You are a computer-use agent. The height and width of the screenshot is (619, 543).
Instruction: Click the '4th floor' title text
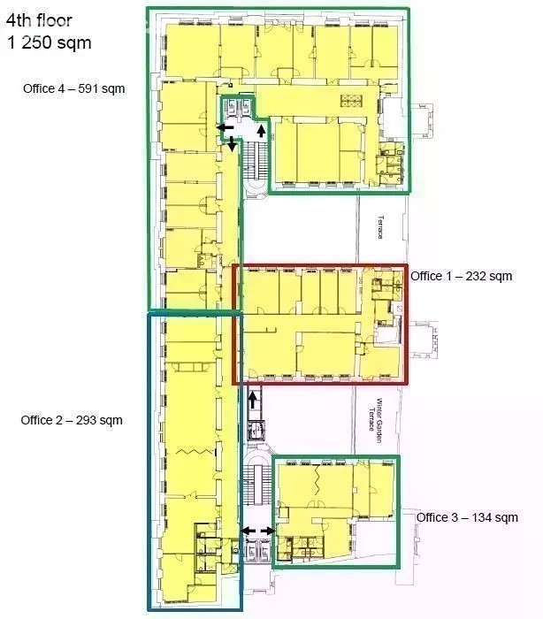point(39,20)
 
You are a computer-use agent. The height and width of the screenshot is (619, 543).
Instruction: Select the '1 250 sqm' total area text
point(49,42)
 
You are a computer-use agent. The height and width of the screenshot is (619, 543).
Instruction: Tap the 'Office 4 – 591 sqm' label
point(74,88)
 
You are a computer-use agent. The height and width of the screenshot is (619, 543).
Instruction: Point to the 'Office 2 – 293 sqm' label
point(72,420)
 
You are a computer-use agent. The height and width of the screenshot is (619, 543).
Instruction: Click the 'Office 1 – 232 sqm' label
point(462,276)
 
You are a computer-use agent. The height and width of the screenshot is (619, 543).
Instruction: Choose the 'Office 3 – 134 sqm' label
point(467,517)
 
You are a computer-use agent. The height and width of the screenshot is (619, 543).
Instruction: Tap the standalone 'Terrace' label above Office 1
point(380,226)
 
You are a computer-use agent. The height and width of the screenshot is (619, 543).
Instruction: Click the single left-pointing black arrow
point(226,127)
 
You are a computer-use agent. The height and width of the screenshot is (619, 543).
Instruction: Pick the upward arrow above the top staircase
point(261,130)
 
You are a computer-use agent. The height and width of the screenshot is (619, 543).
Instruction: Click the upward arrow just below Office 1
point(253,401)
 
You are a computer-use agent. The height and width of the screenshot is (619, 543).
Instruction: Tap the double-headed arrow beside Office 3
point(258,531)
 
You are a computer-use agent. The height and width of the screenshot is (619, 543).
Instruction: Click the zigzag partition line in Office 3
point(317,480)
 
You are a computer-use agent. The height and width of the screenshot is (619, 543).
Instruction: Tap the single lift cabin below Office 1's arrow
point(256,431)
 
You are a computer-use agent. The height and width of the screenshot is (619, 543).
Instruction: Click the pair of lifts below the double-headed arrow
point(258,549)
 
